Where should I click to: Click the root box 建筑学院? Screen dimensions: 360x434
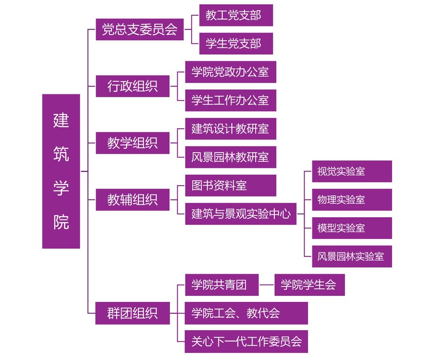[x=61, y=171]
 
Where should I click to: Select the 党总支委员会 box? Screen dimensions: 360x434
[x=140, y=29]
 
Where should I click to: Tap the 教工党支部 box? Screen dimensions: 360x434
[x=236, y=15]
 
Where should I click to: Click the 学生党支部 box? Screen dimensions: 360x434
[x=236, y=43]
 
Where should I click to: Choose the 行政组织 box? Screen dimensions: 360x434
[x=133, y=86]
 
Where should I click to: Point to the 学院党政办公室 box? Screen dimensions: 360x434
[x=230, y=72]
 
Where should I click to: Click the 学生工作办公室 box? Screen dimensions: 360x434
[x=230, y=100]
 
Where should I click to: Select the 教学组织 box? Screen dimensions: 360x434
[x=133, y=143]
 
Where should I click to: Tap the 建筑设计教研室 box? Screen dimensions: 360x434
[x=230, y=129]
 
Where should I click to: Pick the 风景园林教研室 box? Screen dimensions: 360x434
[x=230, y=157]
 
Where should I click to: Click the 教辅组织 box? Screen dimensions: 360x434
[x=133, y=200]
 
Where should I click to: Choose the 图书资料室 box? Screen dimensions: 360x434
[x=230, y=185]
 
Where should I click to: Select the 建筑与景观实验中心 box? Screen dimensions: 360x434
[x=241, y=214]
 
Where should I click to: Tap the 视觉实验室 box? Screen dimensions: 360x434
[x=351, y=171]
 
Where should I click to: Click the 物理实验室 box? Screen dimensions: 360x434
[x=351, y=199]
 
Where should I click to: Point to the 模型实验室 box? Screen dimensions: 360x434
[x=351, y=228]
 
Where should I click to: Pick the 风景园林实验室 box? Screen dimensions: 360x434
[x=351, y=256]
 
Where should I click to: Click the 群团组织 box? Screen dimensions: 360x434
[x=133, y=313]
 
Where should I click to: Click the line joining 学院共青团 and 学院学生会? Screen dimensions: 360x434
[x=267, y=285]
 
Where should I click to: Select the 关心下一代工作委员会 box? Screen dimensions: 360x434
[x=246, y=342]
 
